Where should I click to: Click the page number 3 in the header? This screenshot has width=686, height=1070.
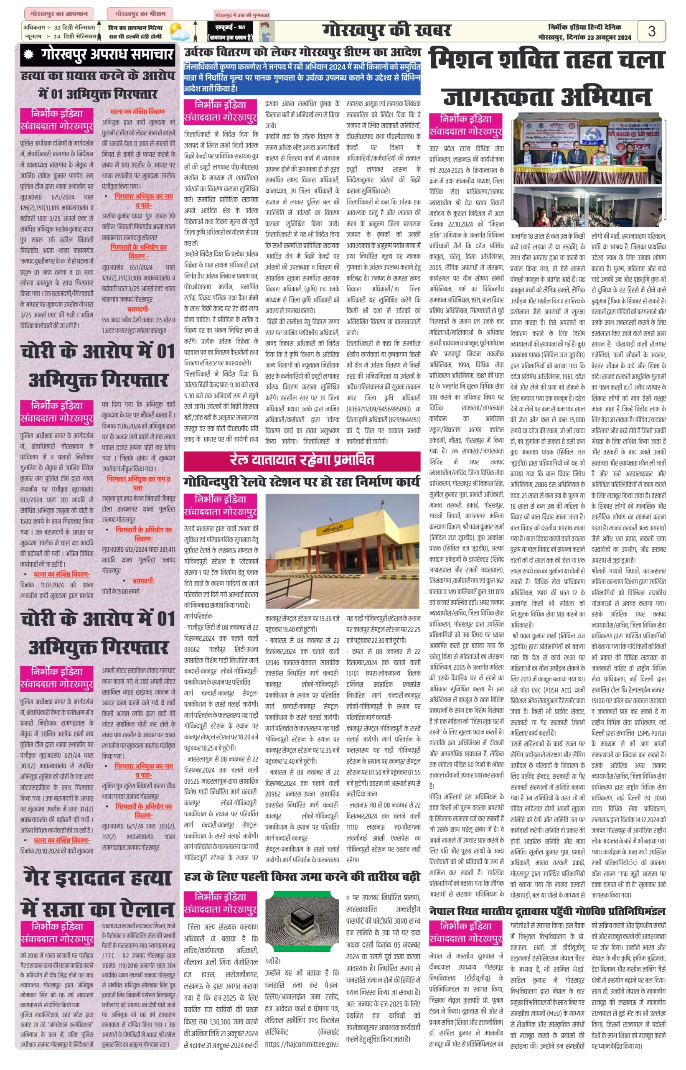tap(651, 31)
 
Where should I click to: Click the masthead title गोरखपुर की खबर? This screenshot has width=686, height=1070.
tap(386, 31)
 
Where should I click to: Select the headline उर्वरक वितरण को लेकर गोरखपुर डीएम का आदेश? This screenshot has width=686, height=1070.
tap(302, 53)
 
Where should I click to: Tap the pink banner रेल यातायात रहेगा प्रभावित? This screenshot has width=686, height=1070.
tap(302, 460)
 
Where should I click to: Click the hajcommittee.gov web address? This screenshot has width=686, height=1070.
tap(302, 1044)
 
